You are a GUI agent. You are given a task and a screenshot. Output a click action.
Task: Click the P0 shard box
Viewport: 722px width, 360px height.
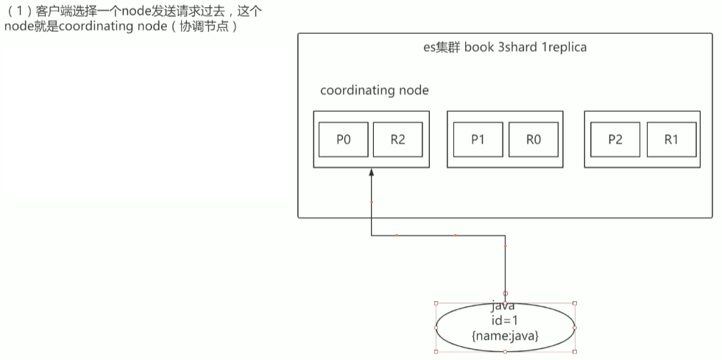click(343, 140)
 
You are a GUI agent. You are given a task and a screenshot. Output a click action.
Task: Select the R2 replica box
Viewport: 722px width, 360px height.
click(397, 140)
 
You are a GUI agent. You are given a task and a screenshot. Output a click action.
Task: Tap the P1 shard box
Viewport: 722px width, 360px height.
click(478, 140)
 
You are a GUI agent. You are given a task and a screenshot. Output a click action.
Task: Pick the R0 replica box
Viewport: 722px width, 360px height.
click(532, 140)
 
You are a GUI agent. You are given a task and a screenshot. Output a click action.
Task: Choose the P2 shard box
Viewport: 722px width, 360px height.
click(614, 140)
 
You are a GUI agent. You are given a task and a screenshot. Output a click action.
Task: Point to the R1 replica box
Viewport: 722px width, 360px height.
click(670, 140)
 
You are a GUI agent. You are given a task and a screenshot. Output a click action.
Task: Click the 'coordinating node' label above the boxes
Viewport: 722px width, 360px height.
click(374, 91)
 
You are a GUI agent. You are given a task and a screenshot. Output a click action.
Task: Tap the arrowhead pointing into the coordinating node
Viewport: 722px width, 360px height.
click(372, 172)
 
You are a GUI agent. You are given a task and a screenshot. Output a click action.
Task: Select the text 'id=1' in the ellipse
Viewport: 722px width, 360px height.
click(505, 320)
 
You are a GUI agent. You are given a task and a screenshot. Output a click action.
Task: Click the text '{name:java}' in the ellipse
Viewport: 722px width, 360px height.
click(505, 335)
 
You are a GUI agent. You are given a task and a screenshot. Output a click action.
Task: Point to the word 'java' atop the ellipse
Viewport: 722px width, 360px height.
click(505, 306)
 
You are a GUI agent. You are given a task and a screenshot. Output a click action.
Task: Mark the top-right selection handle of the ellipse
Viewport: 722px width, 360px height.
click(574, 303)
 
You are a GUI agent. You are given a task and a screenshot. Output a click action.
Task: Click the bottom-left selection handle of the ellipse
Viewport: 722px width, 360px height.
click(436, 352)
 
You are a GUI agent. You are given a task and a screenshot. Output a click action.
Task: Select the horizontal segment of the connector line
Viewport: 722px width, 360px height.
click(438, 236)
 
